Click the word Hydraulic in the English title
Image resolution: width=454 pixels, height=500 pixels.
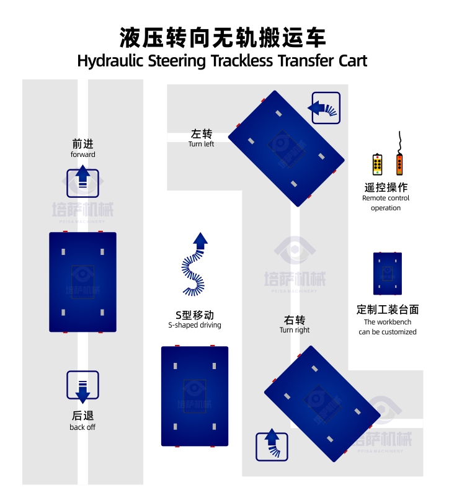pos(110,61)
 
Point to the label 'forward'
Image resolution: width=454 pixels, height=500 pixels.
pos(82,154)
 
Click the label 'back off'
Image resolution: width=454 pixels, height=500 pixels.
pos(82,427)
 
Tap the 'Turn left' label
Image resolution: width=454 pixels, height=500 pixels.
pos(201,144)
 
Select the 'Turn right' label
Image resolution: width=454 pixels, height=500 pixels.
pos(295,330)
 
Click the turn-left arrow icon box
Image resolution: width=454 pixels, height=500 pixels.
pos(325,108)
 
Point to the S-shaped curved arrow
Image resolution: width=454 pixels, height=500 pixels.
pos(195,264)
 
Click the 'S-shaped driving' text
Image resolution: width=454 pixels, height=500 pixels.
pos(194,325)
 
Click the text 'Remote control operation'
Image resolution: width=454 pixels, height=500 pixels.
pos(386,203)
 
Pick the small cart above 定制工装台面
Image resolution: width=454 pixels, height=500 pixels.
pos(388,274)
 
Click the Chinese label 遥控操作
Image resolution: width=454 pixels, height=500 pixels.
pos(386,187)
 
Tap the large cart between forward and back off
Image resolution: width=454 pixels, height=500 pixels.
pos(82,282)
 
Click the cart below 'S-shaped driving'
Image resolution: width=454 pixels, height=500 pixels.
pos(195,396)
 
